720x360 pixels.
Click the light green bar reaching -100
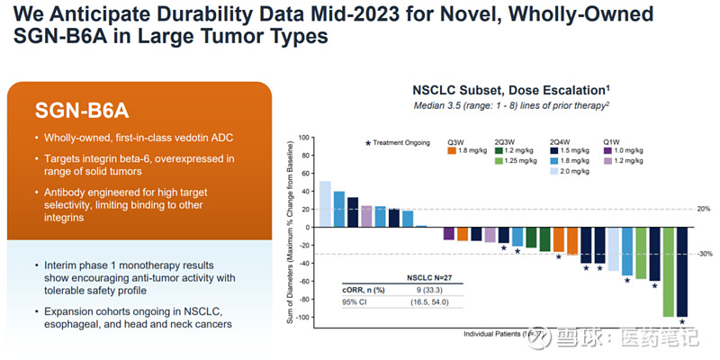coord(668,271)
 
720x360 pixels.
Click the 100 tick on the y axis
coord(303,138)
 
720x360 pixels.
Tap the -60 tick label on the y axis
coord(303,282)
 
